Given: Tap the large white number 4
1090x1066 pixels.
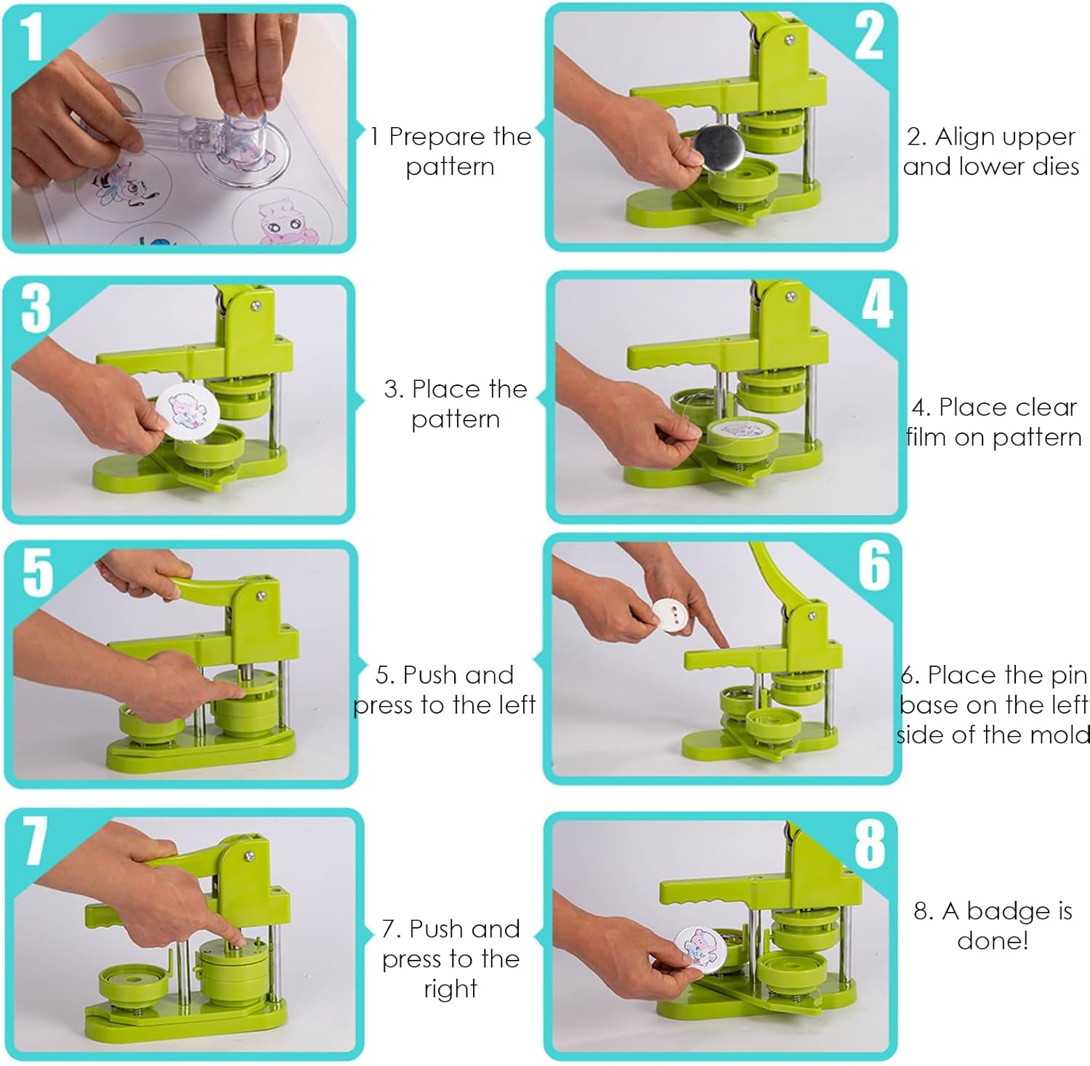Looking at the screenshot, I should pos(877,304).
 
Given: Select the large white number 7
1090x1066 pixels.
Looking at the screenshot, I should pos(34,841).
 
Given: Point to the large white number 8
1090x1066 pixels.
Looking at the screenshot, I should pos(869,844).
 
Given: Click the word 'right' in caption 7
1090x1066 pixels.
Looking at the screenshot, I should pos(451,989).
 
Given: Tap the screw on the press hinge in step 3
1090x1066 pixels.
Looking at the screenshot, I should pos(256,307).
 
